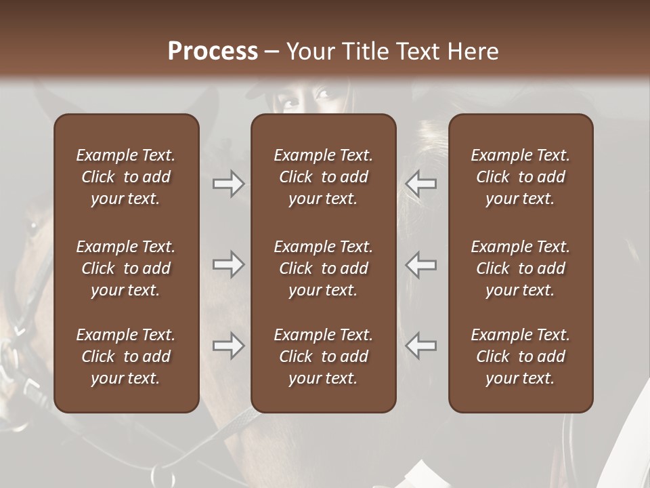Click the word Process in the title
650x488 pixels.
[213, 52]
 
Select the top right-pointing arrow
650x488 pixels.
[228, 184]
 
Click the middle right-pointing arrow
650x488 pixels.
[228, 265]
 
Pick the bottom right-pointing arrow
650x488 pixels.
[228, 346]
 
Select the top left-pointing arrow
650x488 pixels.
[421, 184]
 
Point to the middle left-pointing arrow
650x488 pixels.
[421, 265]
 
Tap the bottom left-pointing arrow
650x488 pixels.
[421, 346]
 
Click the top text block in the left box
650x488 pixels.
[126, 177]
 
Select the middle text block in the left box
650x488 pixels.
[126, 268]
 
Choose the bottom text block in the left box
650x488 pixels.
[126, 357]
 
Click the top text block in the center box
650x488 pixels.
[323, 177]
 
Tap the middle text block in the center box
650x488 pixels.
[323, 268]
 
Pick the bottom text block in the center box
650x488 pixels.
[323, 357]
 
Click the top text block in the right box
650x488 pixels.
[520, 177]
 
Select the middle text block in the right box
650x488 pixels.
[520, 268]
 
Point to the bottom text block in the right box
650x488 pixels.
[520, 357]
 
